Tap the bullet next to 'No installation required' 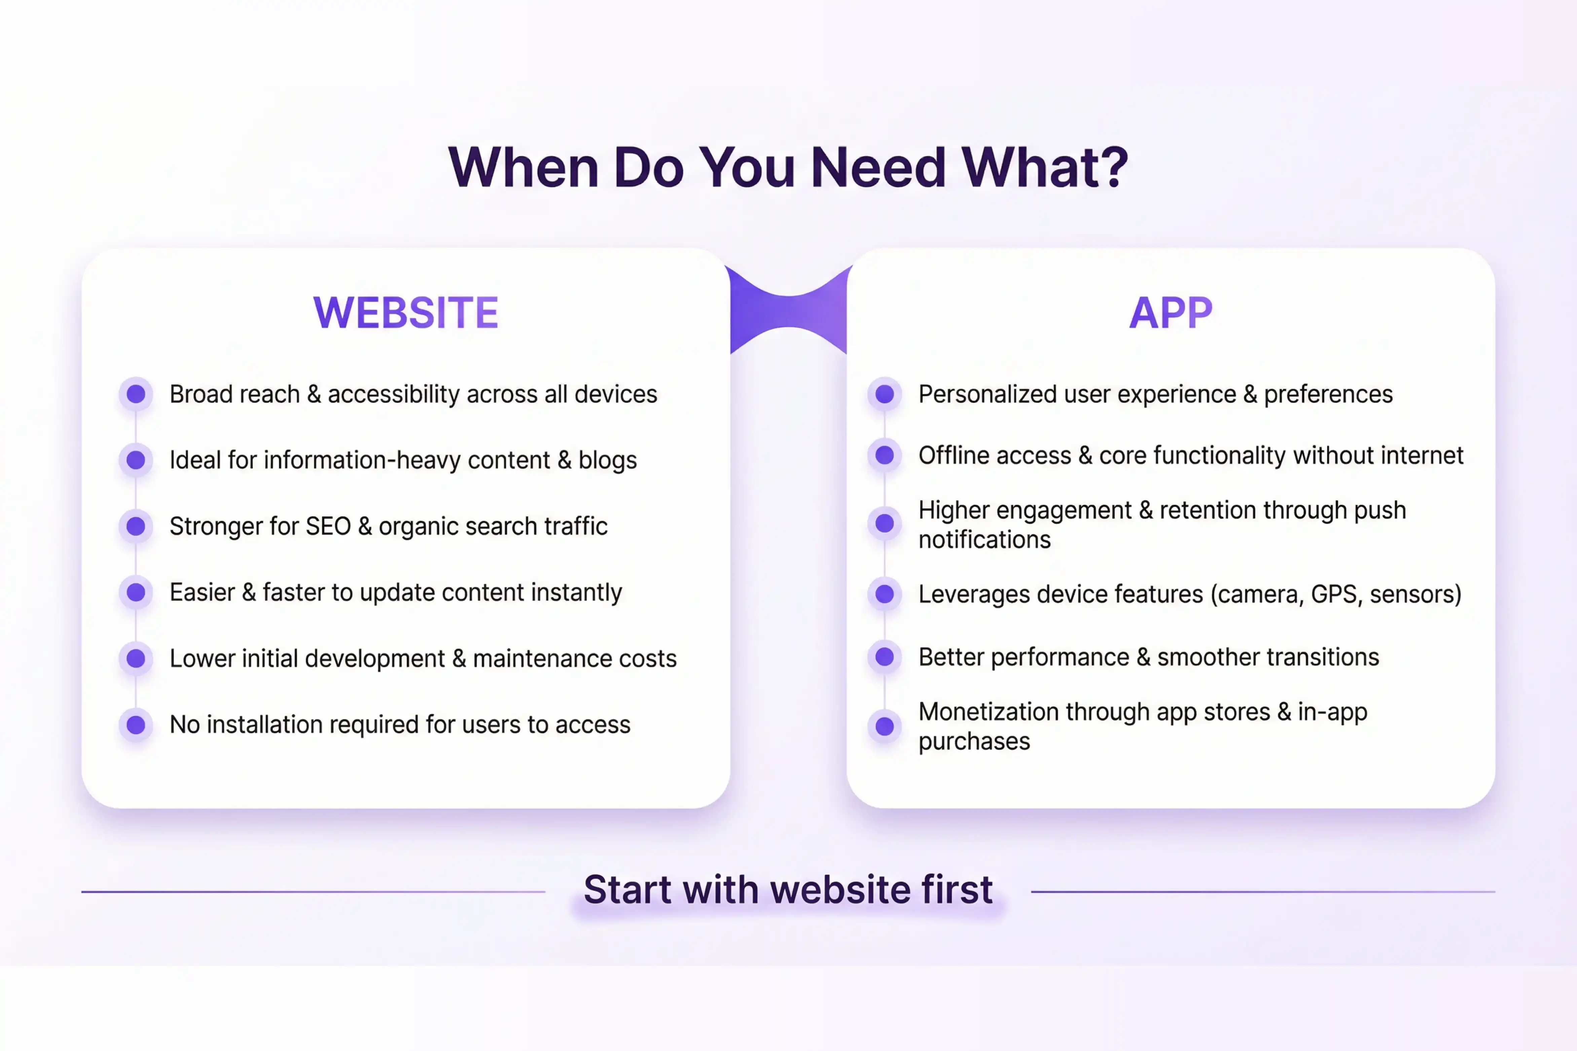pyautogui.click(x=136, y=724)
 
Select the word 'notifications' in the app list pyautogui.click(x=984, y=539)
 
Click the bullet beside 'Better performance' pyautogui.click(x=885, y=657)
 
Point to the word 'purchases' pyautogui.click(x=974, y=741)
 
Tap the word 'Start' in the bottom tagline pyautogui.click(x=627, y=890)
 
